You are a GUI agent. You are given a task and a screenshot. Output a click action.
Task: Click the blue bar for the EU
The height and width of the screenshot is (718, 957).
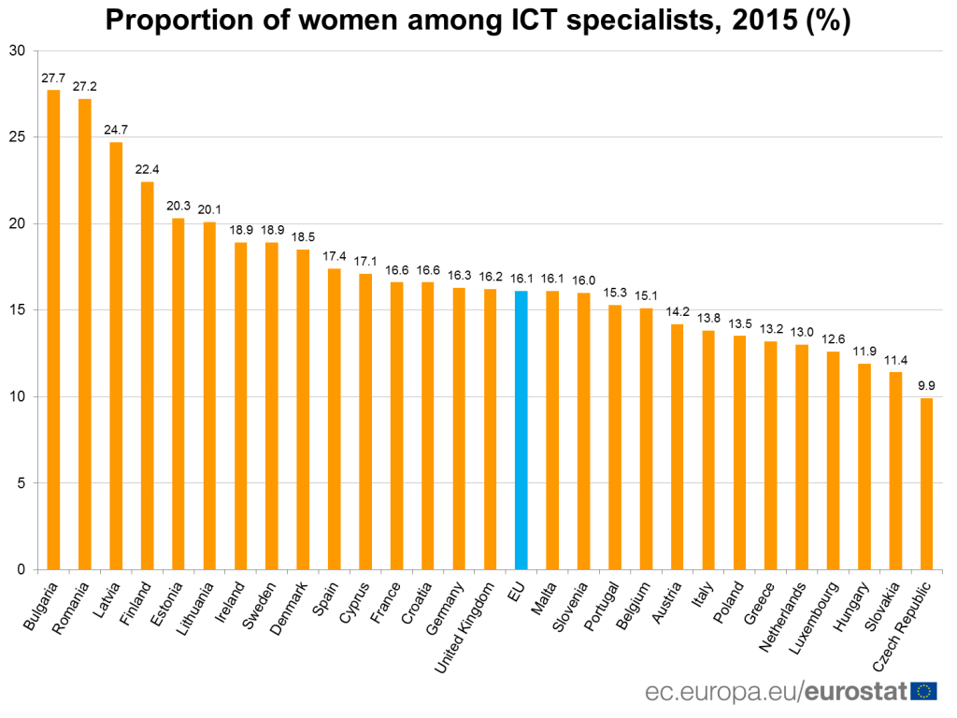click(521, 430)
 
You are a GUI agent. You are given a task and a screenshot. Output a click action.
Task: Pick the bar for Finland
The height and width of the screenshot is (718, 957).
click(147, 375)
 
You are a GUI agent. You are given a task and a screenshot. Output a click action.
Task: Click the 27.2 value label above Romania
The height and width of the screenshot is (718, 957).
click(85, 86)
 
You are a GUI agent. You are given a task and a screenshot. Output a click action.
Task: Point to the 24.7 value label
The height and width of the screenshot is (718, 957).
click(116, 129)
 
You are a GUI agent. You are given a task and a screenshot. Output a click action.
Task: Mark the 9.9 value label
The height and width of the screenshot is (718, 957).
click(927, 385)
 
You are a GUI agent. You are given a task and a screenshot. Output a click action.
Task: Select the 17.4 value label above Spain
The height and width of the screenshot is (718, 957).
click(335, 256)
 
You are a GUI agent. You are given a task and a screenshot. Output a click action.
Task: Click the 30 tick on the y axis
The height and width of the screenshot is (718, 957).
click(16, 50)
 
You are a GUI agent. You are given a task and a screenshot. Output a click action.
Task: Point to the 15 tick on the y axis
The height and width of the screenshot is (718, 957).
click(16, 310)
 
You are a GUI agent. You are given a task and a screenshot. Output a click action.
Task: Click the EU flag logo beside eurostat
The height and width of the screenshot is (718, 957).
click(925, 692)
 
